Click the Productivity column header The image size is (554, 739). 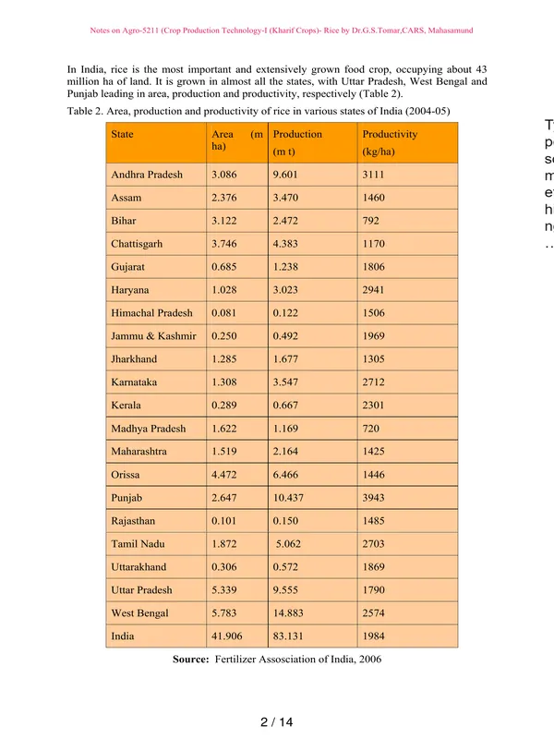click(390, 134)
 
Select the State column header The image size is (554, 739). click(122, 134)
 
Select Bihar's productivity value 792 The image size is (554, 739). click(371, 221)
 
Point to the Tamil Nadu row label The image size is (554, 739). click(136, 544)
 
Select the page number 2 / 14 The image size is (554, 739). click(276, 722)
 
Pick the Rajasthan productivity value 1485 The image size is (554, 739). click(375, 521)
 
